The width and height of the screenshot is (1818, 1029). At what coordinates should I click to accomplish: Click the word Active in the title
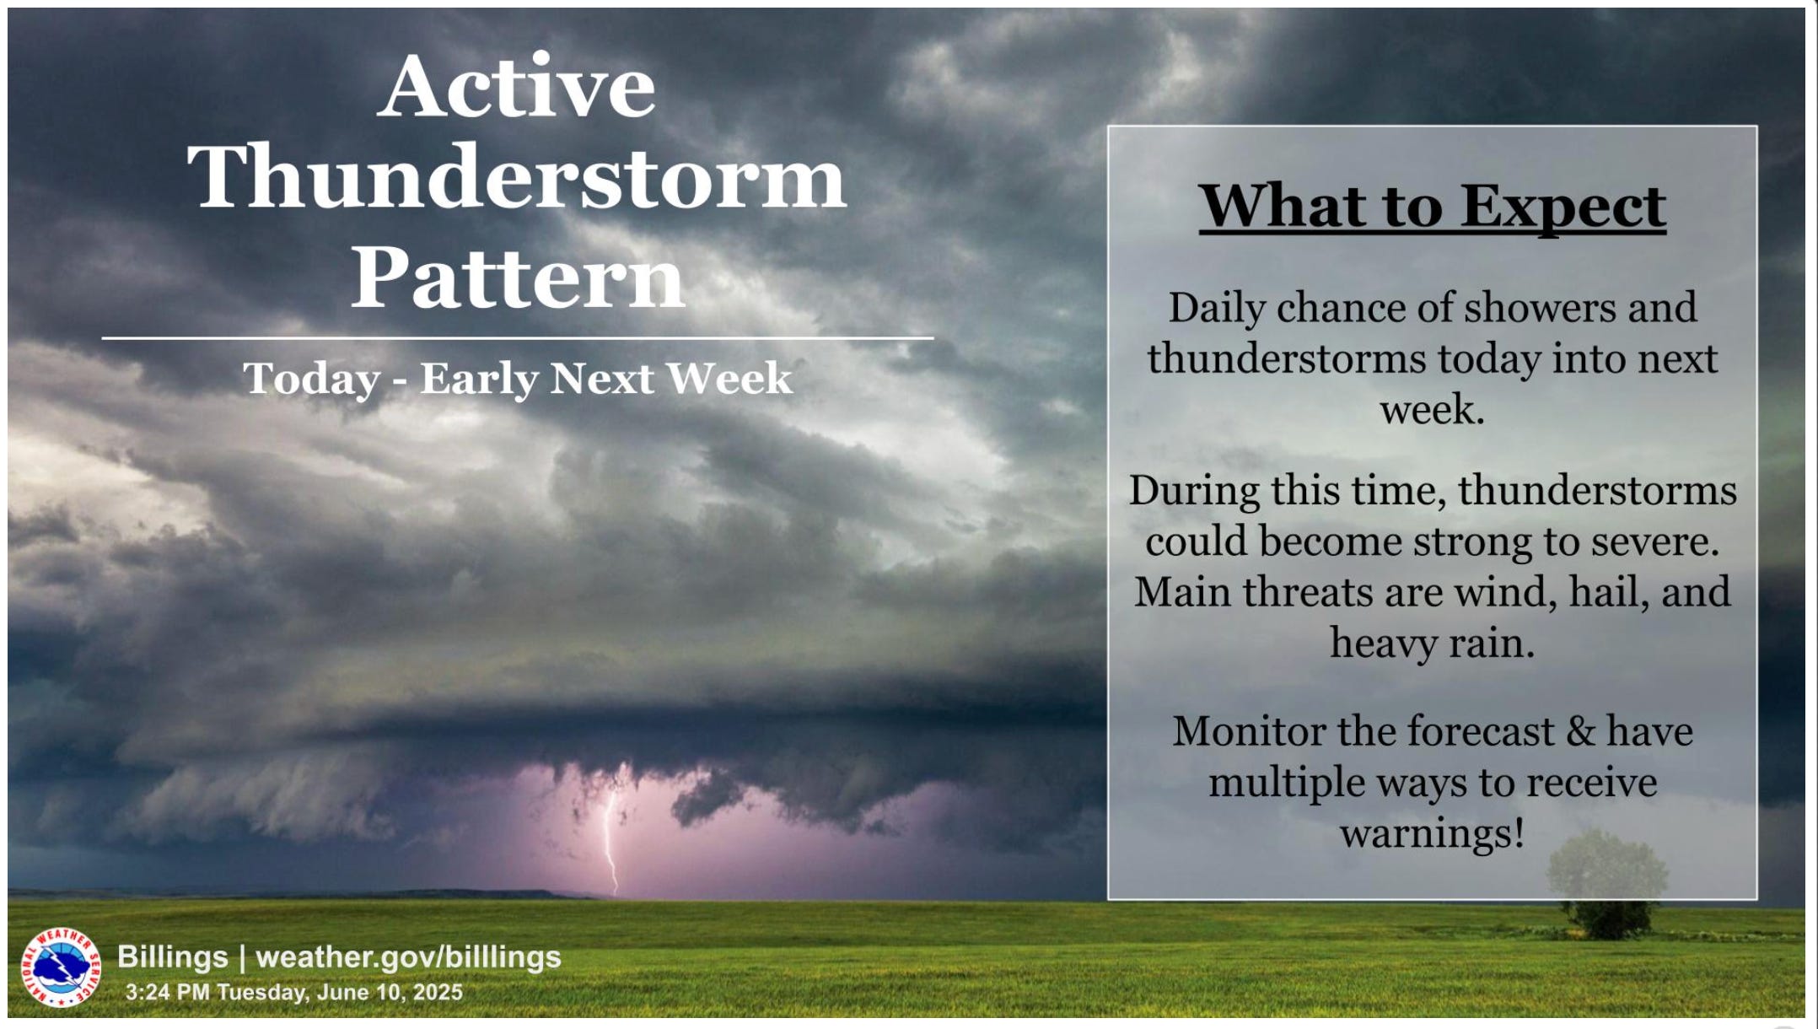(x=516, y=86)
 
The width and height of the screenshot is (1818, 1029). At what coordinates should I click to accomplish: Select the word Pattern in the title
(x=518, y=276)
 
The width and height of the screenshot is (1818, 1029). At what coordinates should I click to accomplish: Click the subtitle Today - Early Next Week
(x=518, y=378)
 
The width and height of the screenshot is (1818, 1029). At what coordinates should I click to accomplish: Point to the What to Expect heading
(x=1433, y=207)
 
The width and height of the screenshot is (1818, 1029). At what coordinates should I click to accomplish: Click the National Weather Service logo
(x=59, y=967)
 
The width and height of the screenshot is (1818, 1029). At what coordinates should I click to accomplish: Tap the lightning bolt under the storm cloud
(x=610, y=839)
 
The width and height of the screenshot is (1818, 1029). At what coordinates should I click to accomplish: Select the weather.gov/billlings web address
(x=408, y=956)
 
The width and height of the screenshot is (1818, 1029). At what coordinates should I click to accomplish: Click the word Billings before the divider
(x=173, y=957)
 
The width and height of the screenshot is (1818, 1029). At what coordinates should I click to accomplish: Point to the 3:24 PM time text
(x=168, y=992)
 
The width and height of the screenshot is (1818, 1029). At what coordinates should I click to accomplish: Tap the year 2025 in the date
(x=437, y=992)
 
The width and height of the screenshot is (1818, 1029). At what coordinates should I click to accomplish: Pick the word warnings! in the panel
(x=1433, y=834)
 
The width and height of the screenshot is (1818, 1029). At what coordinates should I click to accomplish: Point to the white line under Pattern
(x=518, y=338)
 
